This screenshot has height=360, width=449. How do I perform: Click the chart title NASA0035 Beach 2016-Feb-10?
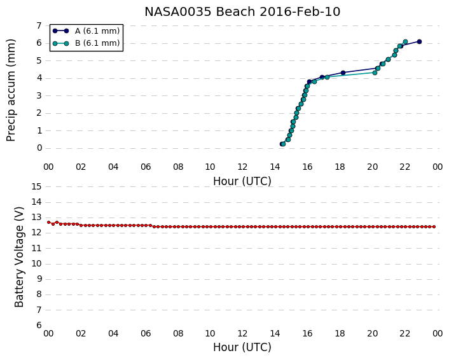click(x=242, y=12)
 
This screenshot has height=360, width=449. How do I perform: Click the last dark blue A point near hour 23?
click(x=419, y=42)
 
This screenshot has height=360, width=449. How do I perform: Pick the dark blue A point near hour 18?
click(x=343, y=73)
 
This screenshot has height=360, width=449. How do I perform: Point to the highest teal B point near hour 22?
click(x=405, y=42)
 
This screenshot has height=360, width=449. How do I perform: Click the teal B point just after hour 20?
click(x=375, y=73)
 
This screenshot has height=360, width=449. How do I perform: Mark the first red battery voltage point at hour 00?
click(x=49, y=222)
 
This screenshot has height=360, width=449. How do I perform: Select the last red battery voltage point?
click(x=434, y=227)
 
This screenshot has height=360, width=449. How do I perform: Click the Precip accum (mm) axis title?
click(x=11, y=90)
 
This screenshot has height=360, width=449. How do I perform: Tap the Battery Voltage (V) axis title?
click(x=19, y=257)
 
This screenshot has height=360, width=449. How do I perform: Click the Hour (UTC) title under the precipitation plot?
click(x=242, y=181)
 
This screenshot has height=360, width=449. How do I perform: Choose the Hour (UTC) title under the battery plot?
click(x=242, y=347)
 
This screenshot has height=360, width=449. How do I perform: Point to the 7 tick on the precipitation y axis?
click(x=39, y=26)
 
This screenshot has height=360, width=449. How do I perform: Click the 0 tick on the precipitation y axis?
click(x=39, y=148)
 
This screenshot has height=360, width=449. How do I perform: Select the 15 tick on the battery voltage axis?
click(x=37, y=187)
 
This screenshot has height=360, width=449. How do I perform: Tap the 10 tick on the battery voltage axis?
click(x=37, y=264)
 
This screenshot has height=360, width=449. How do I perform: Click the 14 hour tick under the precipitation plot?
click(x=275, y=167)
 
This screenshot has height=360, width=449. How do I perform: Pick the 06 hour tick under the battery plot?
click(x=146, y=334)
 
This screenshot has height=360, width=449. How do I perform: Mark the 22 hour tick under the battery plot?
click(x=405, y=334)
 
